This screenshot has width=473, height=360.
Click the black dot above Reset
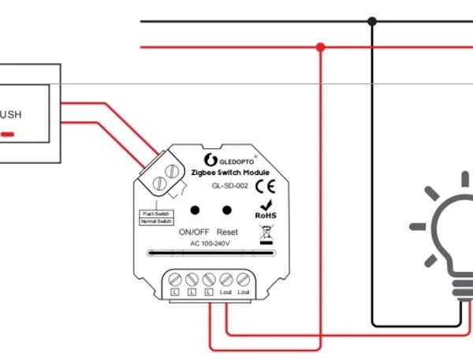tap(227, 210)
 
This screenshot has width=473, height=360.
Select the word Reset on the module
tap(227, 232)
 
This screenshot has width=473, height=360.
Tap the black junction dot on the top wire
tap(372, 21)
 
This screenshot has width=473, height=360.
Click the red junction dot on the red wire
tap(320, 47)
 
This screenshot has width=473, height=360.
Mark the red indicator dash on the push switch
tap(7, 134)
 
